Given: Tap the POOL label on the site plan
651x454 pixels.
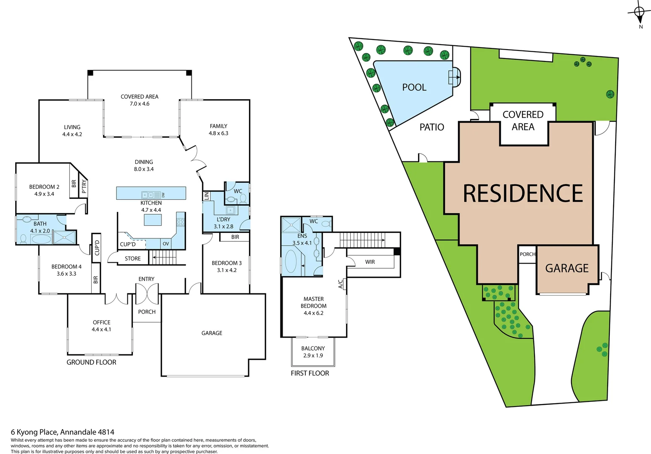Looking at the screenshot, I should pyautogui.click(x=414, y=87).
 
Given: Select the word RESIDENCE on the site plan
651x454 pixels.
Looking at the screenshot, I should pyautogui.click(x=523, y=193).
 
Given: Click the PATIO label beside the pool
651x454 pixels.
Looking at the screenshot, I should pyautogui.click(x=431, y=127).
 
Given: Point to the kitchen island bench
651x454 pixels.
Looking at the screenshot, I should pyautogui.click(x=152, y=220).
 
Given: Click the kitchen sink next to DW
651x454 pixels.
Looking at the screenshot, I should pyautogui.click(x=148, y=195).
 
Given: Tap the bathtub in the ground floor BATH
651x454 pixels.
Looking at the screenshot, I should pyautogui.click(x=41, y=240).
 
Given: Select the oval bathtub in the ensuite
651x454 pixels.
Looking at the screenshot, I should pyautogui.click(x=291, y=261).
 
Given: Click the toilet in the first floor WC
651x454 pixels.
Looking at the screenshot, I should pyautogui.click(x=326, y=224).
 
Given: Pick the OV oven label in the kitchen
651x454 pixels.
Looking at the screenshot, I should pyautogui.click(x=166, y=244).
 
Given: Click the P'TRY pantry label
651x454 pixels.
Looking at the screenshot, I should pyautogui.click(x=84, y=186).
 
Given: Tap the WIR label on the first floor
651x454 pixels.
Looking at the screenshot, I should pyautogui.click(x=370, y=262).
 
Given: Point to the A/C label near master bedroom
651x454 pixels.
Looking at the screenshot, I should pyautogui.click(x=341, y=284).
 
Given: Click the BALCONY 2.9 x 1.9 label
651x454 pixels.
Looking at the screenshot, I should pyautogui.click(x=313, y=352).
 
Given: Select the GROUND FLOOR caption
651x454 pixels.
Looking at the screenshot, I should pyautogui.click(x=91, y=362).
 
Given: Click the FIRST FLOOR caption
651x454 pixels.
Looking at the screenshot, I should pyautogui.click(x=310, y=373).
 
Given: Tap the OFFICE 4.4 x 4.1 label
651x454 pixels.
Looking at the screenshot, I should pyautogui.click(x=101, y=326).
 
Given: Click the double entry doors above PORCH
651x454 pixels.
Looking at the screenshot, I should pyautogui.click(x=147, y=293).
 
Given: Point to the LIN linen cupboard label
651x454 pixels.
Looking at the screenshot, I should pyautogui.click(x=206, y=196).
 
